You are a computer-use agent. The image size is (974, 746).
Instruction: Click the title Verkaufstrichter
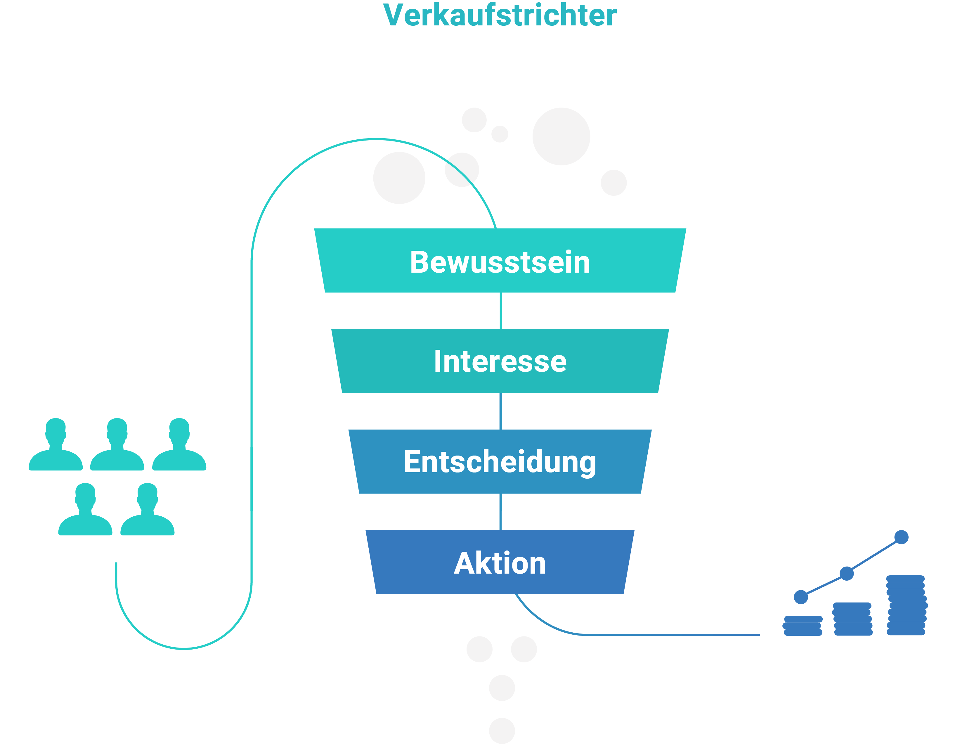coord(500,15)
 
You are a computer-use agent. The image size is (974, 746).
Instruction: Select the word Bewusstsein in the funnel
coord(500,262)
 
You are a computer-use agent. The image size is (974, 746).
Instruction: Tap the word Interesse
coord(500,361)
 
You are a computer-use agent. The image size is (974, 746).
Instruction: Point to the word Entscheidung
coord(500,462)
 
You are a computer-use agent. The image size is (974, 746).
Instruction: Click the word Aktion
coord(500,563)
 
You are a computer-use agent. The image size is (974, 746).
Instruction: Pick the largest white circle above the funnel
coord(561,136)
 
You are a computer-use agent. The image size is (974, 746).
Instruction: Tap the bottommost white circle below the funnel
coord(502,731)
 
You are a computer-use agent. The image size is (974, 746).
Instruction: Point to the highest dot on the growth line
coord(901,537)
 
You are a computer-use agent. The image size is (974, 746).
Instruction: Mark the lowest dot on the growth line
coord(801,597)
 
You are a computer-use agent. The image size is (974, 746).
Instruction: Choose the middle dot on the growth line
coord(847,573)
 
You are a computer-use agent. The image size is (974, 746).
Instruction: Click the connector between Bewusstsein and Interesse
coord(500,311)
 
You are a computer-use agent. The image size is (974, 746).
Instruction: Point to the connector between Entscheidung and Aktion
coord(500,512)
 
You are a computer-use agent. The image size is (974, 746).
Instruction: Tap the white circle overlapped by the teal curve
coord(462,170)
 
